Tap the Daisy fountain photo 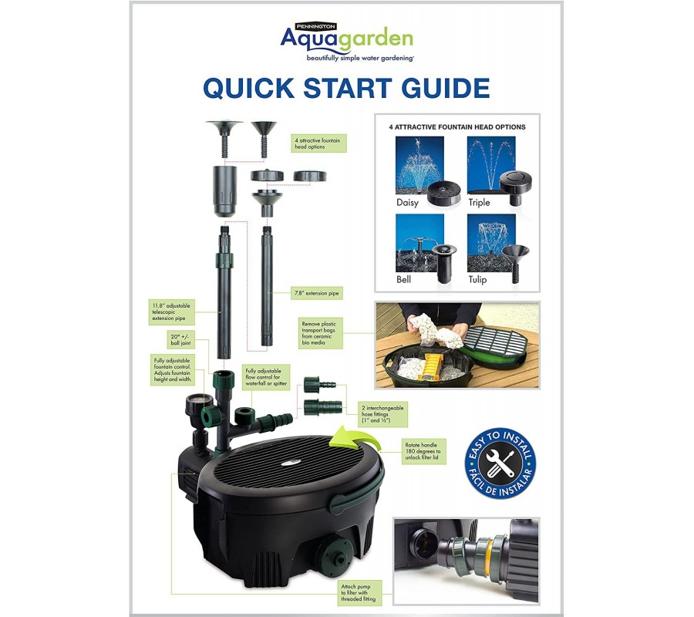tap(419, 165)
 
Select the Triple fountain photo tap(491, 165)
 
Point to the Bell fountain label tap(403, 279)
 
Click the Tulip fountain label tap(477, 279)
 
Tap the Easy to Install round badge tap(500, 464)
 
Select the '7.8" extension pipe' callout tap(316, 293)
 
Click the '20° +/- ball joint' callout tap(180, 339)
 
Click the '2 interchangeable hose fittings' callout tap(382, 414)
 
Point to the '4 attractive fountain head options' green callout tap(318, 143)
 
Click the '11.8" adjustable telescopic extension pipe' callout tap(171, 312)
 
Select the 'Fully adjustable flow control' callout tap(266, 377)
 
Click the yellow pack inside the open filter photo tap(430, 366)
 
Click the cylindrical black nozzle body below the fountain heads tap(225, 190)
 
